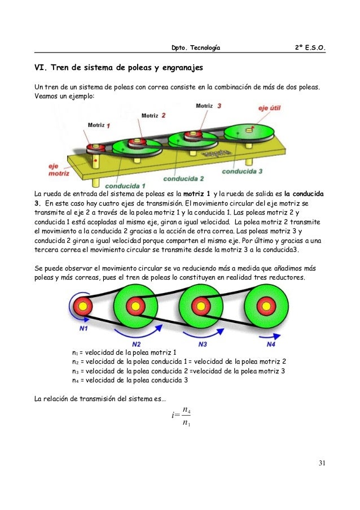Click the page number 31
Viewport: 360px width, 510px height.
click(321, 464)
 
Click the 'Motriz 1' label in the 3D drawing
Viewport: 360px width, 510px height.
click(99, 125)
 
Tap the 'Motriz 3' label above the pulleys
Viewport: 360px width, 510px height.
click(208, 105)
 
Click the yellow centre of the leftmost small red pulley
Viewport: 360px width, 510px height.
click(83, 307)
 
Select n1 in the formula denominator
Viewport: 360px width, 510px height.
click(187, 424)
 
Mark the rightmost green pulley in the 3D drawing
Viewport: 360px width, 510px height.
click(250, 135)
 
